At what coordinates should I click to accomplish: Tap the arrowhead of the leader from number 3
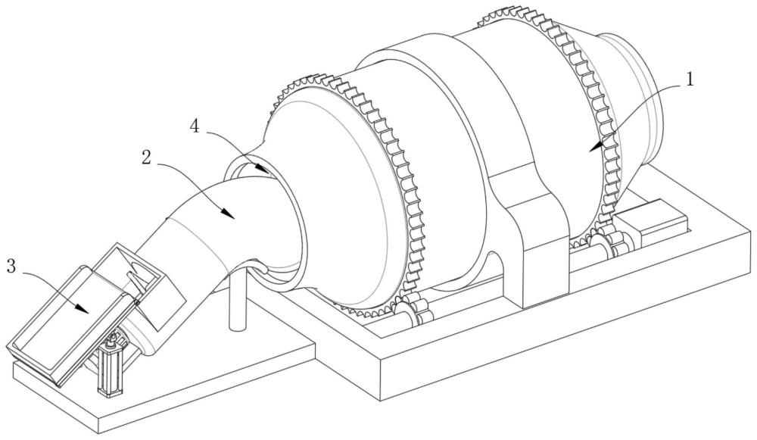[88, 310]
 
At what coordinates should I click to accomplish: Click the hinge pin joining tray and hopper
[136, 304]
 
